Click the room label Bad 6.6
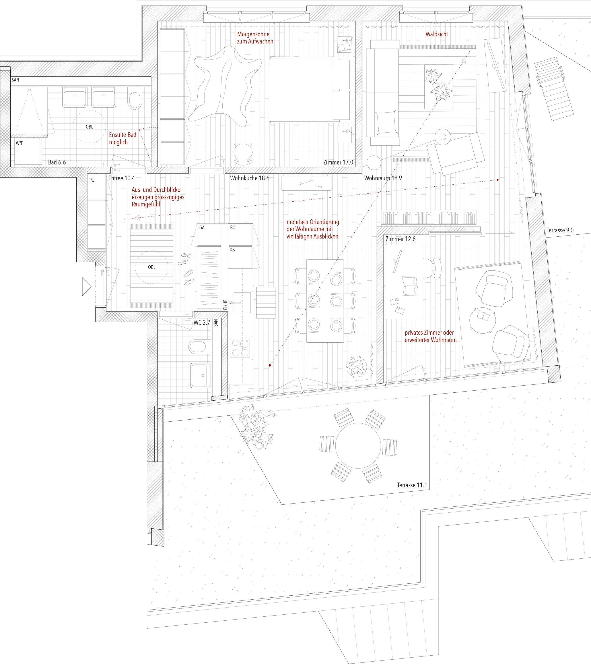(57, 162)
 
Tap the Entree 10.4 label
(122, 178)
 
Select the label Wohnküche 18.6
(249, 178)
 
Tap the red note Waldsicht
(437, 34)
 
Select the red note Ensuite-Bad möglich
(122, 138)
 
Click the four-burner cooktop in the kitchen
(240, 348)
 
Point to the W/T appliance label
(19, 143)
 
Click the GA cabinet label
(202, 228)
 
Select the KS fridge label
(232, 250)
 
